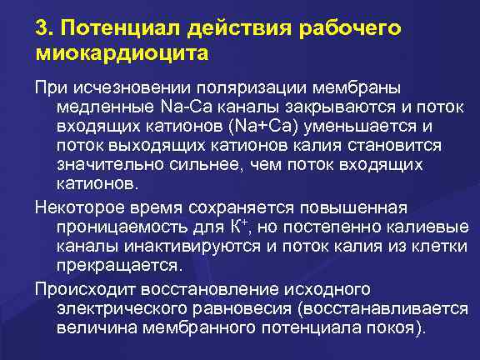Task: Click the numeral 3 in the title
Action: point(42,27)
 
